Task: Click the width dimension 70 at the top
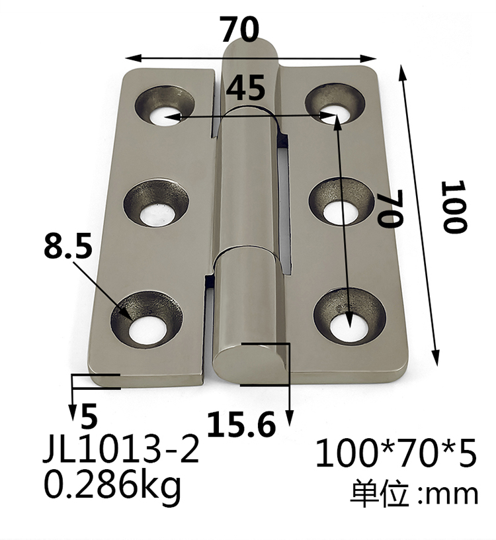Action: pos(240,30)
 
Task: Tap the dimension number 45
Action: pos(246,87)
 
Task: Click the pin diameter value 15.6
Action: pos(241,424)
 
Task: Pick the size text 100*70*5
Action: pos(395,455)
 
